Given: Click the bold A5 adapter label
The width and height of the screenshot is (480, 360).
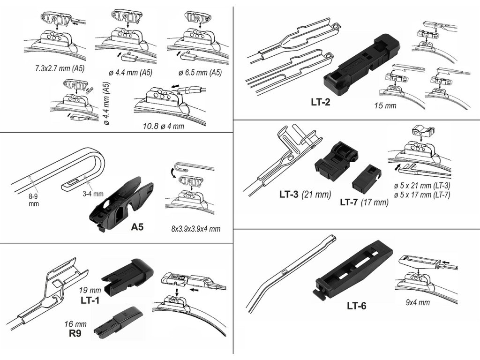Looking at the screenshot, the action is (x=137, y=227).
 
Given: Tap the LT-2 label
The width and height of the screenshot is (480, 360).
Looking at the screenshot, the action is (x=321, y=101).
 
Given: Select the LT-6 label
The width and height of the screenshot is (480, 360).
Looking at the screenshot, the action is (x=357, y=306).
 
